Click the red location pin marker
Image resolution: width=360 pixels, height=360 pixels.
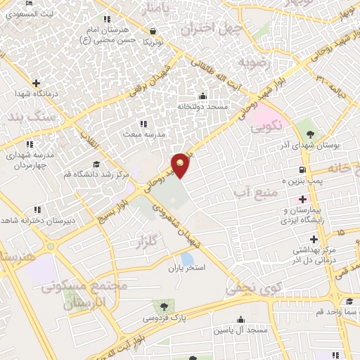(x=181, y=165)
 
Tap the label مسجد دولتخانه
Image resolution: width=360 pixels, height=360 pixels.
(x=202, y=106)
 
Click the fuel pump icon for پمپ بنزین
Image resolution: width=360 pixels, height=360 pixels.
(x=302, y=169)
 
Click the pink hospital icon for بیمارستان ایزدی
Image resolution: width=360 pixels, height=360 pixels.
(x=302, y=200)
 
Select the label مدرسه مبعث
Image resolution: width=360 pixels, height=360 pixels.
(x=143, y=134)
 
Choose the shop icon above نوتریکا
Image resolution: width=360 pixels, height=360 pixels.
(x=153, y=31)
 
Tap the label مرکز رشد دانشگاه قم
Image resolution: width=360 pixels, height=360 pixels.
(x=98, y=173)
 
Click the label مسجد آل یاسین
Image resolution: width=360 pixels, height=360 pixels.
(x=241, y=330)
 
